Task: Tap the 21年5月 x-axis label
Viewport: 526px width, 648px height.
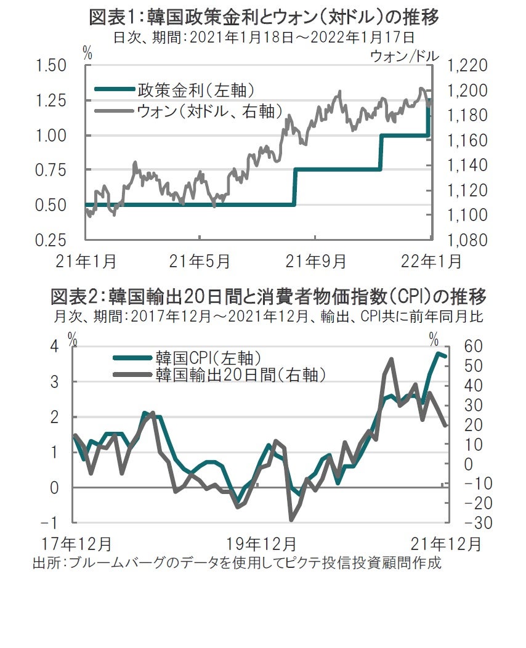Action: point(201,262)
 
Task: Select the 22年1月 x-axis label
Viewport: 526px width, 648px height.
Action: point(432,262)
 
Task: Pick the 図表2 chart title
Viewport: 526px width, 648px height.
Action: point(268,297)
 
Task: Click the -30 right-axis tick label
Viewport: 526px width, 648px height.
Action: point(464,522)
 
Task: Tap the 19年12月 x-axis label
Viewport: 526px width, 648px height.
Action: point(261,545)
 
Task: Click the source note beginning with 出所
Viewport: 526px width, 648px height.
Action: point(237,562)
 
